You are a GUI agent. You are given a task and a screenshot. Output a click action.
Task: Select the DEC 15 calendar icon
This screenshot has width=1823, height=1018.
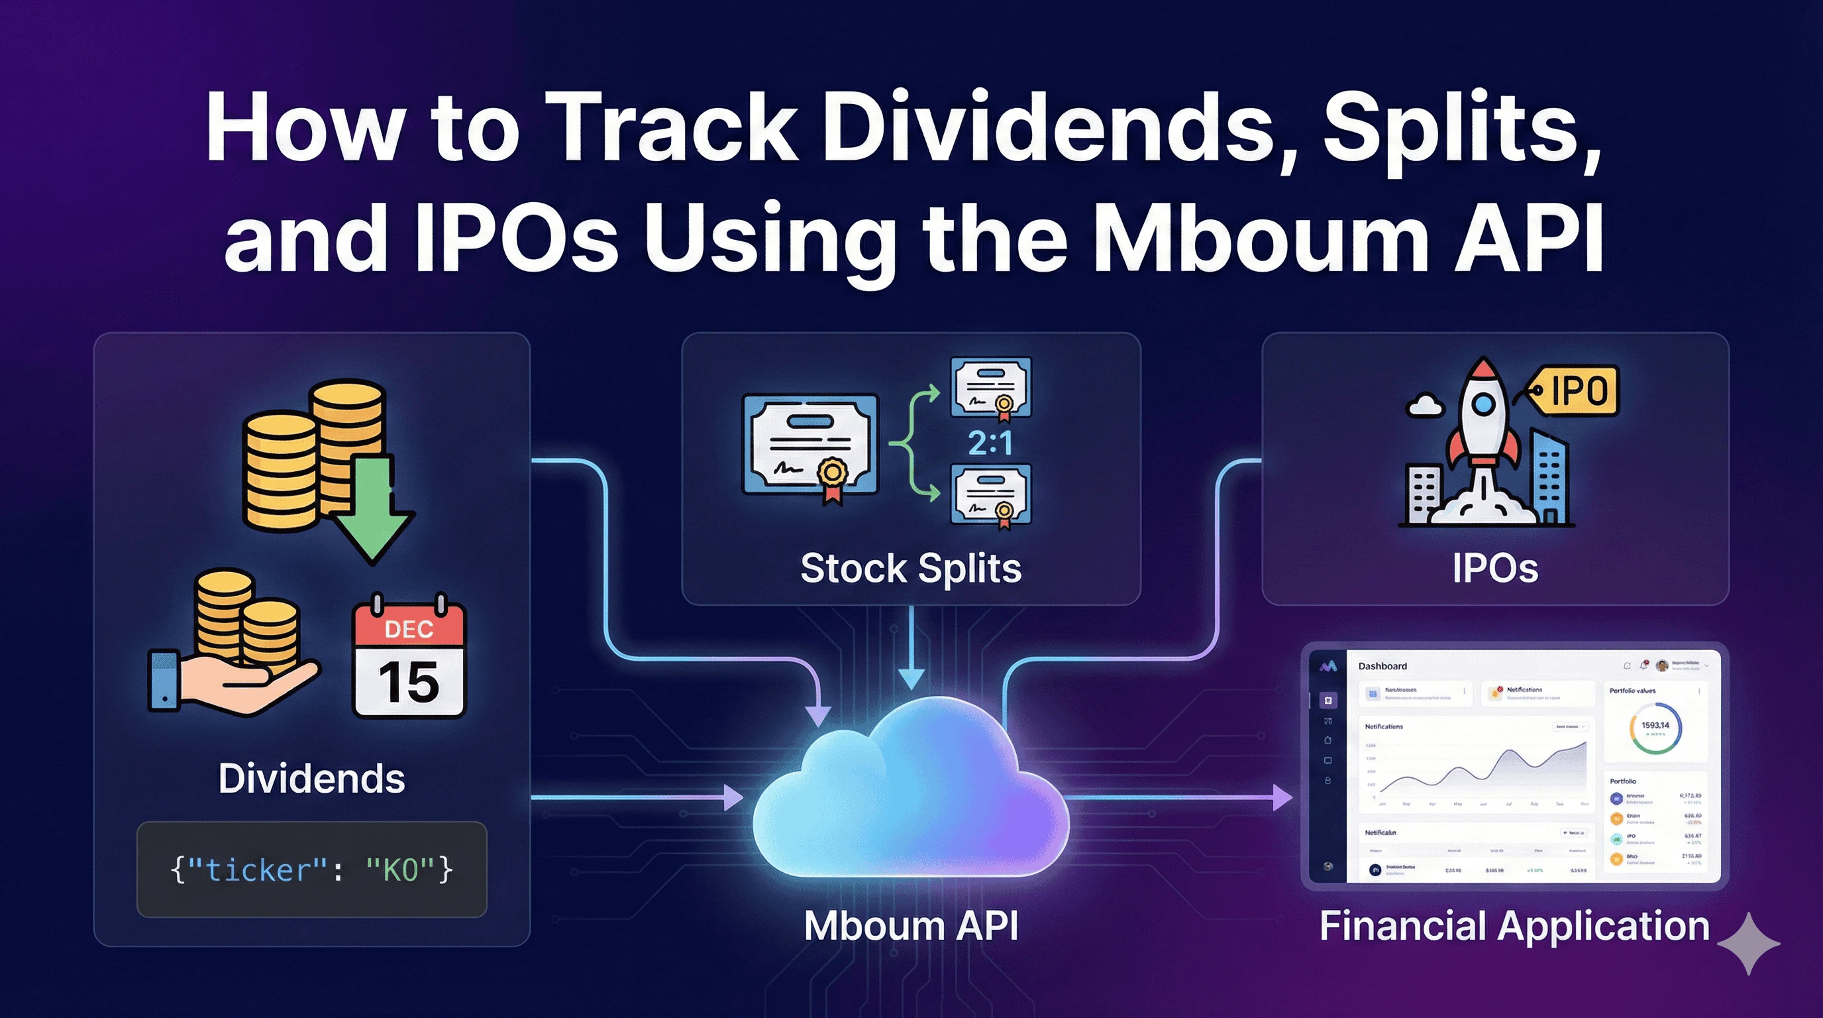click(408, 657)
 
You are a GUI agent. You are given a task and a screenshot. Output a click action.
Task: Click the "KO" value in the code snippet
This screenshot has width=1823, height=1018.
click(401, 870)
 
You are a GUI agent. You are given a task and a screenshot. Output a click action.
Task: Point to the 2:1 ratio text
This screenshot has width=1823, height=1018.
click(990, 444)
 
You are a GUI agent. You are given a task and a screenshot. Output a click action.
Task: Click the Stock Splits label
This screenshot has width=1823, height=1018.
click(911, 569)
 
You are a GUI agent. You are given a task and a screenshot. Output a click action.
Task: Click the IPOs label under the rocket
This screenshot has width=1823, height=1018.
click(1494, 569)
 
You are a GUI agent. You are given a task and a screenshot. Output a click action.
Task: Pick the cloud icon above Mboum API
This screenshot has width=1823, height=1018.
click(910, 789)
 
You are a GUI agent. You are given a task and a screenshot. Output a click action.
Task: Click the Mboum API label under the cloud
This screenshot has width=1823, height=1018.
click(911, 925)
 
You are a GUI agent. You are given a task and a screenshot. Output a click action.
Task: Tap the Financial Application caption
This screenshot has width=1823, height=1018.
click(1514, 925)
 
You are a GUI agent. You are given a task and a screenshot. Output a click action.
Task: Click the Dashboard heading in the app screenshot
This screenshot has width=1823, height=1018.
click(1382, 666)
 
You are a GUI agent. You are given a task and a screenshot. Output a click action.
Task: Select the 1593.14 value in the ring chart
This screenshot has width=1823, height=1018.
click(1655, 726)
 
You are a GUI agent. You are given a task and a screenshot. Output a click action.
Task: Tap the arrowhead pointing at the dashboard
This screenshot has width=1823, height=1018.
click(1282, 798)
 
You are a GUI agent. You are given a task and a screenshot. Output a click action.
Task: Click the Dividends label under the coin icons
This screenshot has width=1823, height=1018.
click(311, 779)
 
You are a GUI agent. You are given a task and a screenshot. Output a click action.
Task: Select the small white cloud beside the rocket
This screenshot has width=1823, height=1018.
click(1425, 405)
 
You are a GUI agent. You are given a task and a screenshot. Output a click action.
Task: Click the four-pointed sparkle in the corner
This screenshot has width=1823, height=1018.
click(1749, 944)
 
